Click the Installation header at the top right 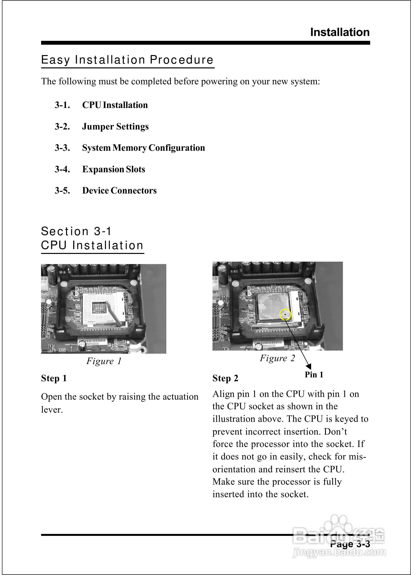(340, 32)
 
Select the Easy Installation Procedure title (127, 60)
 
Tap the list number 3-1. (62, 105)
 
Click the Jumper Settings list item (115, 126)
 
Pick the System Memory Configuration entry (144, 148)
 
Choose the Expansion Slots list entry (114, 169)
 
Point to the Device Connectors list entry (119, 190)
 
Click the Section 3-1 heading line (76, 231)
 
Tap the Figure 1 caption (104, 361)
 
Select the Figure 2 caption (277, 358)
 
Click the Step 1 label (54, 378)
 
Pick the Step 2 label (225, 378)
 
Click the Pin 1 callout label (314, 374)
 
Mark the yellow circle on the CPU (285, 315)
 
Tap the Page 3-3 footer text (350, 544)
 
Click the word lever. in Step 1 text (52, 410)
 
